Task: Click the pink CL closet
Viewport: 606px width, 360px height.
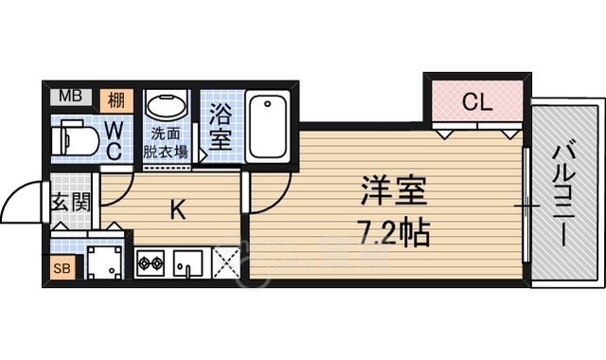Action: pos(476,101)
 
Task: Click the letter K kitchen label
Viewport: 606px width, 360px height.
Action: pos(176,210)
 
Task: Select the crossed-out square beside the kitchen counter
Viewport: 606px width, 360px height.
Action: pos(228,261)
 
